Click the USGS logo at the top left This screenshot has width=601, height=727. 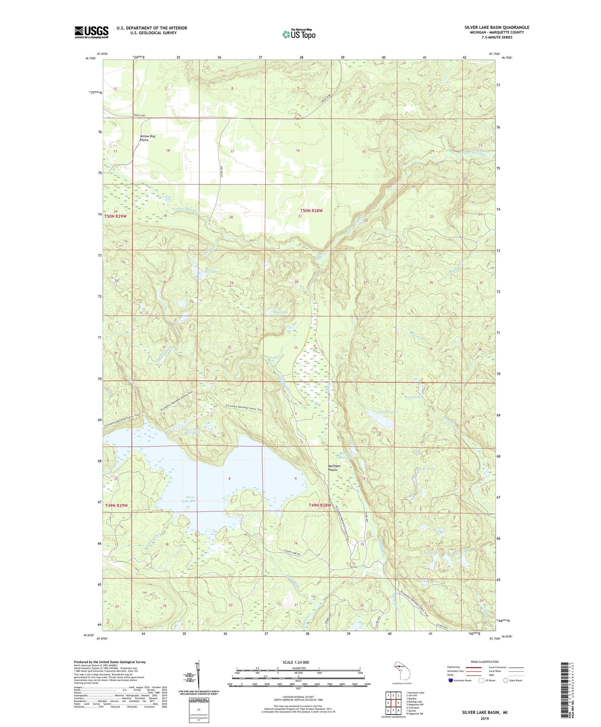(91, 32)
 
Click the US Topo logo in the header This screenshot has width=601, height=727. (299, 34)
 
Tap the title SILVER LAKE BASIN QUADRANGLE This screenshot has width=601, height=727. (497, 27)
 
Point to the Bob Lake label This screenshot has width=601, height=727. (212, 272)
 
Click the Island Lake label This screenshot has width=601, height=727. (387, 412)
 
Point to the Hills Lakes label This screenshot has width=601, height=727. (427, 468)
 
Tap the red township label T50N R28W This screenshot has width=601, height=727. (311, 211)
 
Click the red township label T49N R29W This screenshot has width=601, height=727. (116, 505)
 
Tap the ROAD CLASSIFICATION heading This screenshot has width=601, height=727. (484, 662)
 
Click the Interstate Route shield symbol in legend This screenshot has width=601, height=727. (450, 680)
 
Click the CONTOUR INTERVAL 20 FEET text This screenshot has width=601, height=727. (298, 697)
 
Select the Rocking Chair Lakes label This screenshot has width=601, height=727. (346, 455)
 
